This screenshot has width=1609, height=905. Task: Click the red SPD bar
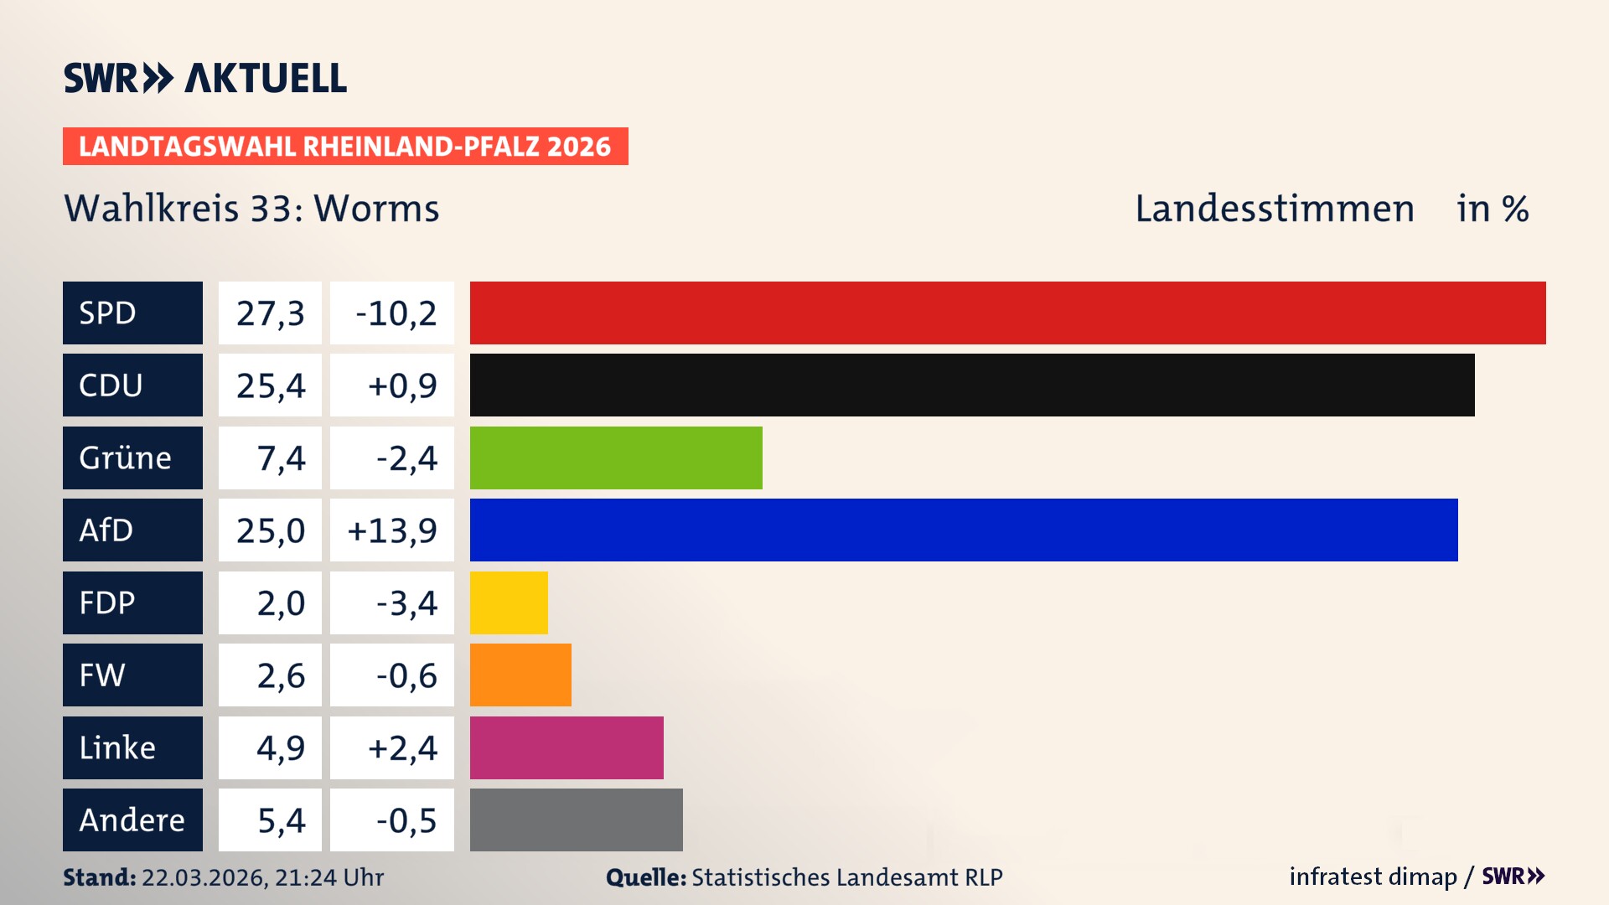(x=1007, y=313)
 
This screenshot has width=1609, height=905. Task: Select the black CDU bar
(x=972, y=385)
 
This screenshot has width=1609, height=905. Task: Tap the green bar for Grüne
(x=616, y=458)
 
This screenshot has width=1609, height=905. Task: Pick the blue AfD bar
(x=964, y=530)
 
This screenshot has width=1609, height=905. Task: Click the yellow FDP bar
(x=509, y=602)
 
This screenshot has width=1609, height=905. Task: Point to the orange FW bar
(x=520, y=675)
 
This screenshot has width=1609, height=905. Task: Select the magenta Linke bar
(x=567, y=747)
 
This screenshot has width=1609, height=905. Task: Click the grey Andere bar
(x=577, y=820)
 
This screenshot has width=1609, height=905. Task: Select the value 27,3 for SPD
(x=270, y=313)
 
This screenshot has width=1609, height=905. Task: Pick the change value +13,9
(x=392, y=530)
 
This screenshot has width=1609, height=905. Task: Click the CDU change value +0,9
(x=401, y=385)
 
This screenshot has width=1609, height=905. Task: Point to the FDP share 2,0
(x=281, y=602)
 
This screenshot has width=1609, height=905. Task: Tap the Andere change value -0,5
(x=406, y=820)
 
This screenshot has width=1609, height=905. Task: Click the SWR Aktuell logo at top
(x=205, y=78)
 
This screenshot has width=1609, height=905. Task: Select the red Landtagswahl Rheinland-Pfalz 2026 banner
(x=345, y=146)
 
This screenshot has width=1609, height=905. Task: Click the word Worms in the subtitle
(x=376, y=208)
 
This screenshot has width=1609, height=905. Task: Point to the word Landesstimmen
(x=1274, y=208)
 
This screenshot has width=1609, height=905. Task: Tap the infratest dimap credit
(x=1373, y=877)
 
